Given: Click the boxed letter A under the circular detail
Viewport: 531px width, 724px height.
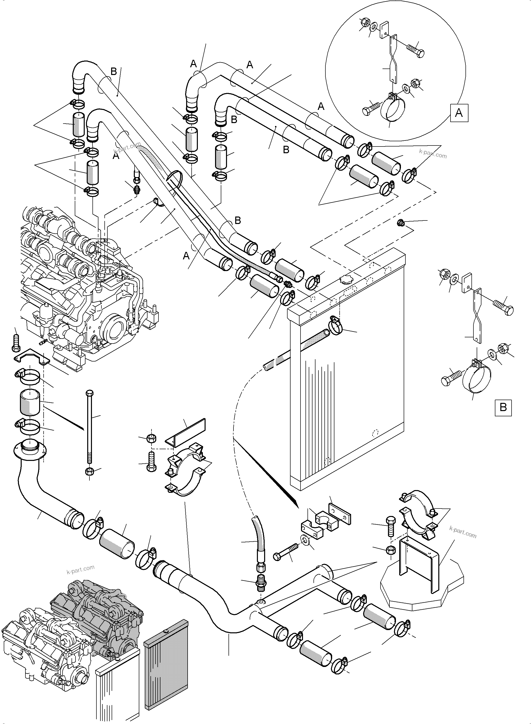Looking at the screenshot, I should [x=459, y=113].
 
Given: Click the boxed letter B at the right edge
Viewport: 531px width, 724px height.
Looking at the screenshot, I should [x=503, y=408].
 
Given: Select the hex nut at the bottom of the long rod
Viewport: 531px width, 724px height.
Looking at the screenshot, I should [x=89, y=472].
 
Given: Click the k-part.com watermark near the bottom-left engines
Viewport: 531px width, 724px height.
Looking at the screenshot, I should [x=80, y=570].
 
